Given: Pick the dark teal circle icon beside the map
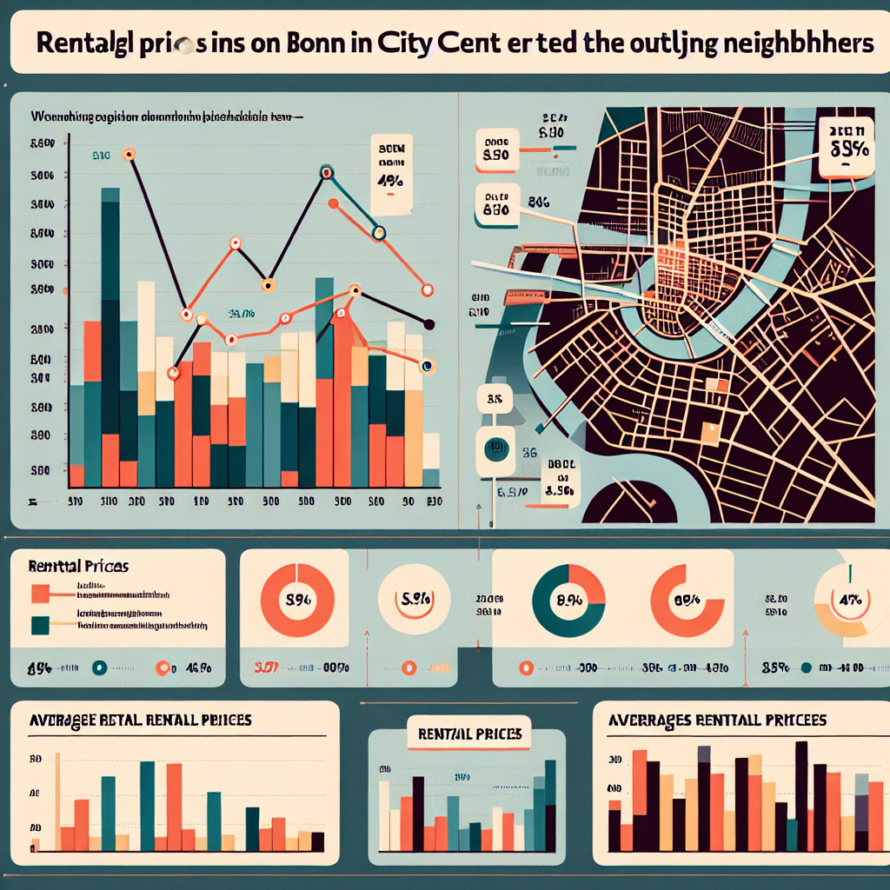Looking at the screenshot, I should [496, 448].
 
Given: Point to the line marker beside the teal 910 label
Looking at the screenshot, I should [130, 156].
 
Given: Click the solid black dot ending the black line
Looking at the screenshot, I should [428, 324].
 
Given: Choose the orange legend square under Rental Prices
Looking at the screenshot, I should [39, 594].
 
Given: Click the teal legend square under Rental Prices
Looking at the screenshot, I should [39, 624].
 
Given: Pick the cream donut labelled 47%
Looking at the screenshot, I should [846, 599].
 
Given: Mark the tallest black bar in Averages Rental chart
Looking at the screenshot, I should [800, 795].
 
